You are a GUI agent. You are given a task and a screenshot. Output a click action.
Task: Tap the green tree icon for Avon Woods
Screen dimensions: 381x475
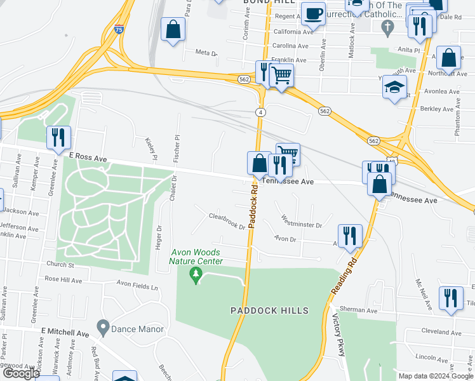(x=196, y=274)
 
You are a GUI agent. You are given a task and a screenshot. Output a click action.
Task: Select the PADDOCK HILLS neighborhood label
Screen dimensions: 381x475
(x=270, y=311)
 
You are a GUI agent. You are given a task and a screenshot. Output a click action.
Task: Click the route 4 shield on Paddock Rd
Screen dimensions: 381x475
(x=261, y=112)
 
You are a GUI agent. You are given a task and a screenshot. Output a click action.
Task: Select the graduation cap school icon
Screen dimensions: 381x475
(x=395, y=86)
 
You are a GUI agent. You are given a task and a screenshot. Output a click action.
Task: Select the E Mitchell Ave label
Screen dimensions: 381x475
(x=65, y=332)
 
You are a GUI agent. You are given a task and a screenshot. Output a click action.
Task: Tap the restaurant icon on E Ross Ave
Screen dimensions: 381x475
(x=58, y=137)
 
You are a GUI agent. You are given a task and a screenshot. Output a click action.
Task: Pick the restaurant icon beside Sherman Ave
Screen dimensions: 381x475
(x=451, y=298)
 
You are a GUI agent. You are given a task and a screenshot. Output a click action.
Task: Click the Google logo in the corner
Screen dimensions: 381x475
(x=22, y=373)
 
